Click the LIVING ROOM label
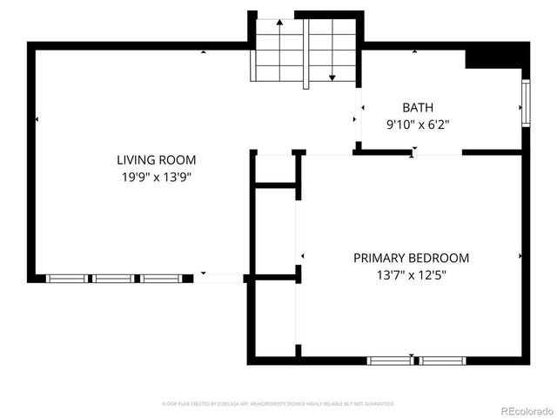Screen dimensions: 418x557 pos(157,159)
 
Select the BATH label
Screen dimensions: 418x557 pos(417,108)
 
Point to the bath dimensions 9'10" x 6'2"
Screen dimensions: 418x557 pos(417,125)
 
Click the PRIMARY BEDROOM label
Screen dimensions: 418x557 pos(411,258)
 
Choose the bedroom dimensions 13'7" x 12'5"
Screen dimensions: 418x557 pos(411,275)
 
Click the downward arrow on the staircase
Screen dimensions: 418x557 pos(332,77)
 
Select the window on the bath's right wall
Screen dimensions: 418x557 pos(526,104)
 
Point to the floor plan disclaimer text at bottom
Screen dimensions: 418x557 pos(278,404)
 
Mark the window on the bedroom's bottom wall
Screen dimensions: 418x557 pos(416,361)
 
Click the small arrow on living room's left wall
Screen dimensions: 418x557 pos(37,118)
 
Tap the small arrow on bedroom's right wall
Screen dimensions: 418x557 pos(520,256)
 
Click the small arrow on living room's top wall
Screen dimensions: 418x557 pos(204,52)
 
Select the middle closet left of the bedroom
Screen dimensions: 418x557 pos(275,231)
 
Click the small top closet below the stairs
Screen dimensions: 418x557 pos(275,168)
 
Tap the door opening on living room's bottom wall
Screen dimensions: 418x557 pos(218,279)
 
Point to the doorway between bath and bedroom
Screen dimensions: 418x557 pos(436,152)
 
